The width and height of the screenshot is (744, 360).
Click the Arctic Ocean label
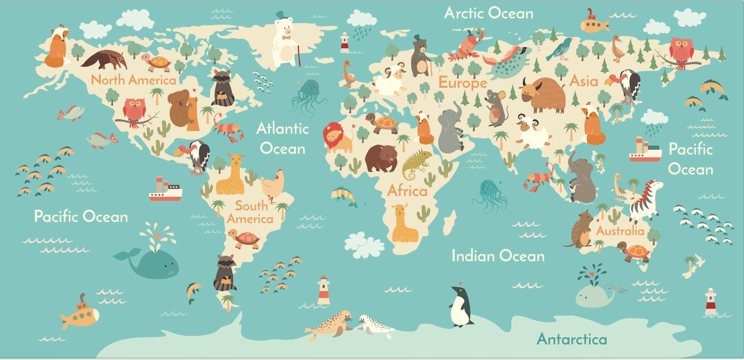[489, 13]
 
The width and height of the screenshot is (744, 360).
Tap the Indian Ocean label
[498, 256]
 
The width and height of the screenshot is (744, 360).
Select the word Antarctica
[572, 339]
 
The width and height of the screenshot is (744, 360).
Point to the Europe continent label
[463, 83]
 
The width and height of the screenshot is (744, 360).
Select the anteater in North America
[105, 59]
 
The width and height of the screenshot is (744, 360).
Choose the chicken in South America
[273, 184]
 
